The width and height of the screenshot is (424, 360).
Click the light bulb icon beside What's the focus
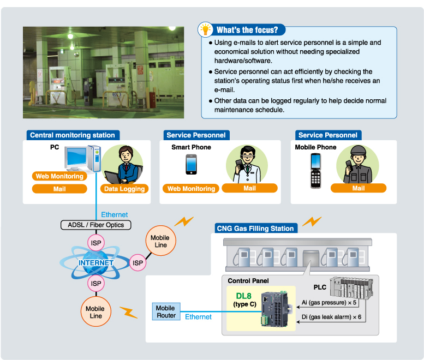tap(205, 29)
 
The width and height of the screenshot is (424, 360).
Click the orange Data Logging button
tap(124, 189)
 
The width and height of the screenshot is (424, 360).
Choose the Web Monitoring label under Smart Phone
tap(190, 189)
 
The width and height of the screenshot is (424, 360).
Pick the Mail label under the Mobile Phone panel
tap(358, 188)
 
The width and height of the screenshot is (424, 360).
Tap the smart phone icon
tap(190, 164)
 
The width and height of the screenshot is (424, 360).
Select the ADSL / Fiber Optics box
tap(95, 225)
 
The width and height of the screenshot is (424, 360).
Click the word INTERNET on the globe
tap(95, 263)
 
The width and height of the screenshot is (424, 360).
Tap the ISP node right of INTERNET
tap(138, 263)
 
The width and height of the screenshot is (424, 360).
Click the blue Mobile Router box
tap(165, 312)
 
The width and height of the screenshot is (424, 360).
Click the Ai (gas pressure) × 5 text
tap(329, 302)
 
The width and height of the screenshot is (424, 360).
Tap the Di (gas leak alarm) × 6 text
tap(331, 316)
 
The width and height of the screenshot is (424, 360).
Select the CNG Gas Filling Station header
tap(255, 228)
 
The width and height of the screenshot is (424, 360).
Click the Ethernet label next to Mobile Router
tap(198, 317)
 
